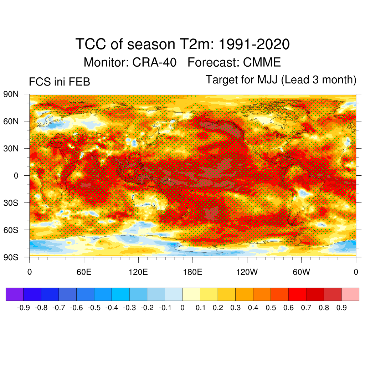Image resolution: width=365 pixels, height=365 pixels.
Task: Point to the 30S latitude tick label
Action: click(11, 203)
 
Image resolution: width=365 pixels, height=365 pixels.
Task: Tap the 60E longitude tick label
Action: click(84, 272)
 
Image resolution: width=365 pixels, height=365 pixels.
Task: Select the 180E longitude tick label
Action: click(192, 272)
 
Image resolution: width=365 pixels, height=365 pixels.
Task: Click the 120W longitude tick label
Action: click(247, 272)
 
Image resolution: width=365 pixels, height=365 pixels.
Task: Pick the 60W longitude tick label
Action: click(301, 272)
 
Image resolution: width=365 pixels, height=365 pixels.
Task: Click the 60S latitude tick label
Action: click(11, 230)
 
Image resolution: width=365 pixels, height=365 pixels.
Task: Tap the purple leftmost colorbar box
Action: click(15, 294)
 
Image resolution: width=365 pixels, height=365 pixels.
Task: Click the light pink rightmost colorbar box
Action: click(350, 294)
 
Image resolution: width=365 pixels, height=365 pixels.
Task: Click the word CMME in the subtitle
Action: click(262, 62)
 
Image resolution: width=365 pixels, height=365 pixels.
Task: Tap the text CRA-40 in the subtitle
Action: click(154, 62)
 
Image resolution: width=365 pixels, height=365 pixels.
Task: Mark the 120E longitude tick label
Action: click(138, 272)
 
